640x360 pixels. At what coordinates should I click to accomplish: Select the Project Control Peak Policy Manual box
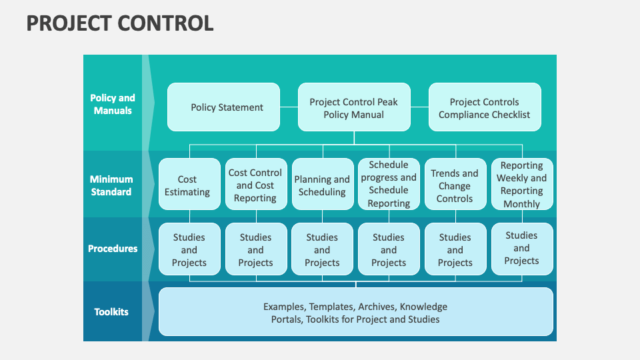tap(353, 107)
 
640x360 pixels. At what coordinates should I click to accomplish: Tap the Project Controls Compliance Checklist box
tap(484, 107)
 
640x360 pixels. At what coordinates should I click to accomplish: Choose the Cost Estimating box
tap(189, 185)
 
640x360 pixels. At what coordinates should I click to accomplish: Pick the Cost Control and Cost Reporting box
tap(255, 185)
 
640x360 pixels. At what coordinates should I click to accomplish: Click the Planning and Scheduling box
tap(322, 185)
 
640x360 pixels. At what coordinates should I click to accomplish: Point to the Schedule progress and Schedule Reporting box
tap(389, 184)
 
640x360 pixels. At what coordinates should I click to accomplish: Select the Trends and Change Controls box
tap(455, 185)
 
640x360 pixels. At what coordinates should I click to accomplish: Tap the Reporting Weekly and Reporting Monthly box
tap(521, 184)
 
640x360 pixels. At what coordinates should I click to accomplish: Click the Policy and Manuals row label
tap(113, 105)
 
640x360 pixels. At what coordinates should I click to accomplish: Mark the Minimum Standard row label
tap(111, 185)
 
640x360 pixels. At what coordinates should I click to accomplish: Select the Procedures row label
tap(113, 249)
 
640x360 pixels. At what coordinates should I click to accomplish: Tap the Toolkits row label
tap(111, 312)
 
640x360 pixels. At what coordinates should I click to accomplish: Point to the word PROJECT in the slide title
tap(69, 24)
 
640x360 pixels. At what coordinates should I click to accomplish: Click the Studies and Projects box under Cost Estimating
tap(189, 249)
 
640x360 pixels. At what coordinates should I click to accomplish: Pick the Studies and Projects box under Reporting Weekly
tap(521, 248)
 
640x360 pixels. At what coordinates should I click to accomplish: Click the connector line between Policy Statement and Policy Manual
tap(289, 107)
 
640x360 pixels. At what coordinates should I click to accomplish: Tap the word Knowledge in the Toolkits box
tap(423, 307)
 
